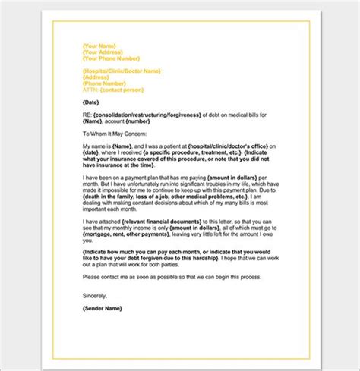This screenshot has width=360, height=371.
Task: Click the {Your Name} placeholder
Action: click(98, 47)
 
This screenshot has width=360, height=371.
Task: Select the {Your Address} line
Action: click(101, 53)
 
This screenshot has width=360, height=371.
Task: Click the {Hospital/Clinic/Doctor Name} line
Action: click(121, 71)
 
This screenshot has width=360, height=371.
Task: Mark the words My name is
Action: click(96, 144)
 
